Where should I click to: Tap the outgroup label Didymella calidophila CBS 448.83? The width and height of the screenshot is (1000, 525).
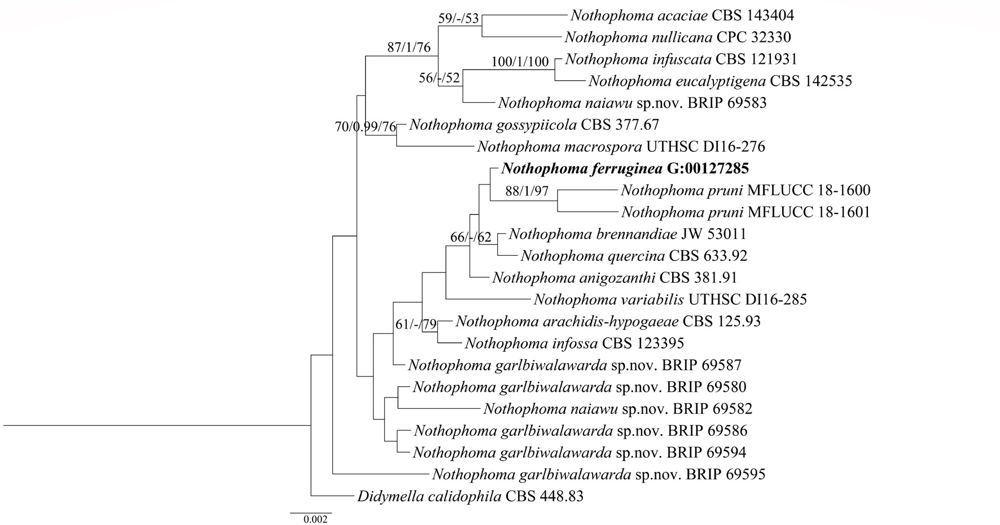pos(470,497)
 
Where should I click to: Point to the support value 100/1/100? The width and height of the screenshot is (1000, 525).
pos(520,62)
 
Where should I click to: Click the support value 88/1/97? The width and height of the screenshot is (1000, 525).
pos(527,192)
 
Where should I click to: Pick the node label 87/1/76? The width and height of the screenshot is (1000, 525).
pos(409,47)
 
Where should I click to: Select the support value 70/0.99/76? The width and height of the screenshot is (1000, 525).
pos(366,127)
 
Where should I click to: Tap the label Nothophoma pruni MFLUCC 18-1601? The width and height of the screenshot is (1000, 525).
pos(745,212)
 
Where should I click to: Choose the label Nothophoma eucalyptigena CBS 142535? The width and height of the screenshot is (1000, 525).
pos(720,81)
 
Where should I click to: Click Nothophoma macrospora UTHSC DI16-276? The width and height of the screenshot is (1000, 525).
pos(621,147)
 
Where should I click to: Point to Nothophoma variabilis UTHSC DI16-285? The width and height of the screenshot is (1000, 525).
pos(670,299)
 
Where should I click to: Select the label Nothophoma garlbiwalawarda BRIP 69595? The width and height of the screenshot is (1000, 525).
pos(598,474)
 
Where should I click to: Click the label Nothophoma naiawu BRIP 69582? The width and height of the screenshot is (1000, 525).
pos(617,408)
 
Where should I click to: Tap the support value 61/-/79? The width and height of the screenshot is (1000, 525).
pos(416,325)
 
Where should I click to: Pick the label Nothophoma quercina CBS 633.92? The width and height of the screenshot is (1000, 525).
pos(633,256)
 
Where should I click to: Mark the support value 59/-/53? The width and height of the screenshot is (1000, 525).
pos(458,19)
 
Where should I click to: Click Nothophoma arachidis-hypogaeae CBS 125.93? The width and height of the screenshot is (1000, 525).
pos(608,321)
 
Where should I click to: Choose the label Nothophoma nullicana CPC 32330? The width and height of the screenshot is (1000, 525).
pos(677,37)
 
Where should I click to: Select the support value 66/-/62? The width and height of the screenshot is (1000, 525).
pos(471,237)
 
